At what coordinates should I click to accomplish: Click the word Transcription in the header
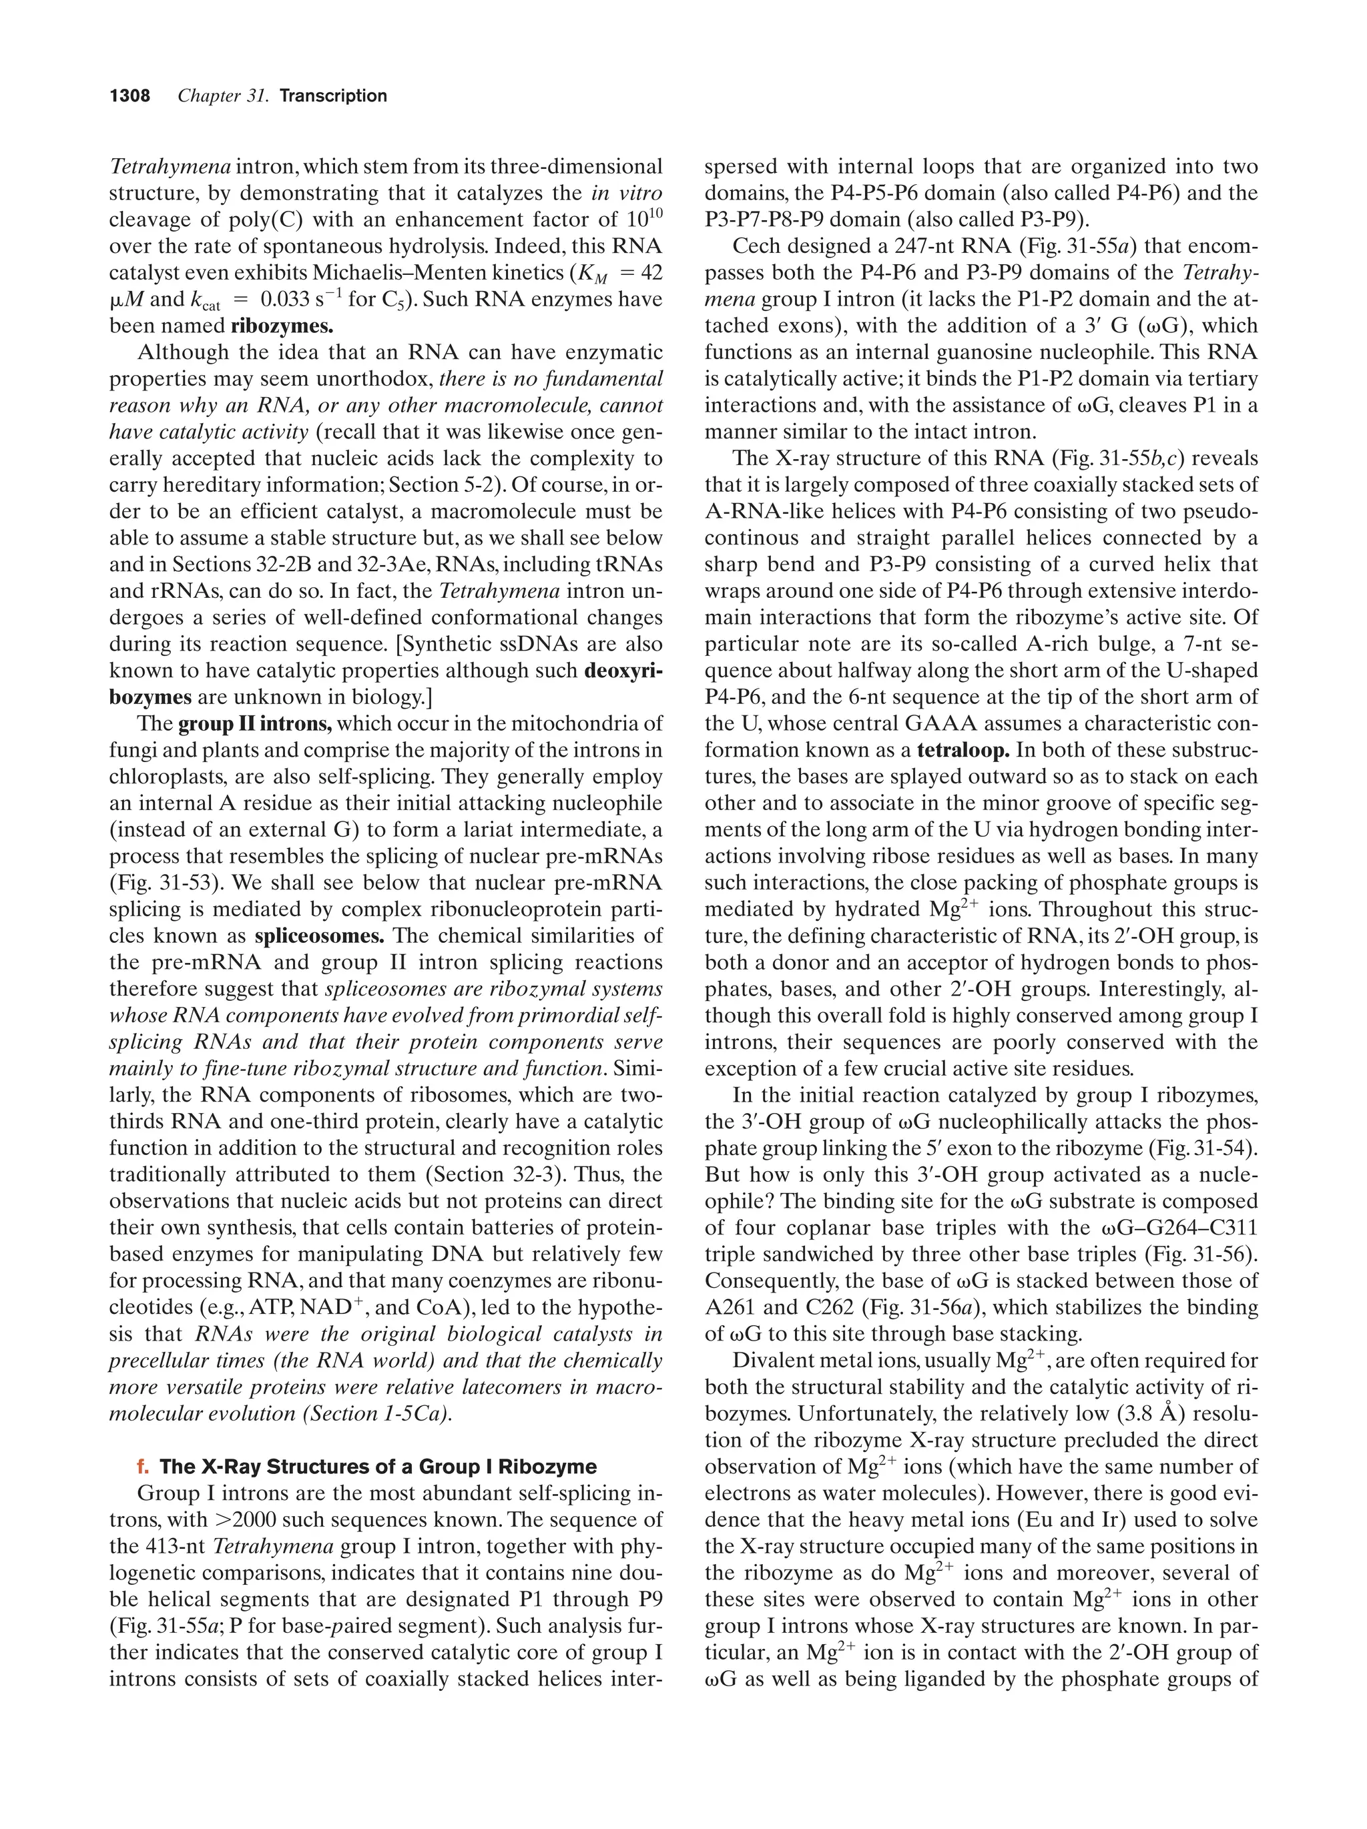pyautogui.click(x=333, y=96)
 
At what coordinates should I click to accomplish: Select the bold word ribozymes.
pyautogui.click(x=282, y=326)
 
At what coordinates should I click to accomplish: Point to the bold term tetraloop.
pyautogui.click(x=963, y=751)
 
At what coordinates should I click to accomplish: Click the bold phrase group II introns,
pyautogui.click(x=255, y=724)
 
